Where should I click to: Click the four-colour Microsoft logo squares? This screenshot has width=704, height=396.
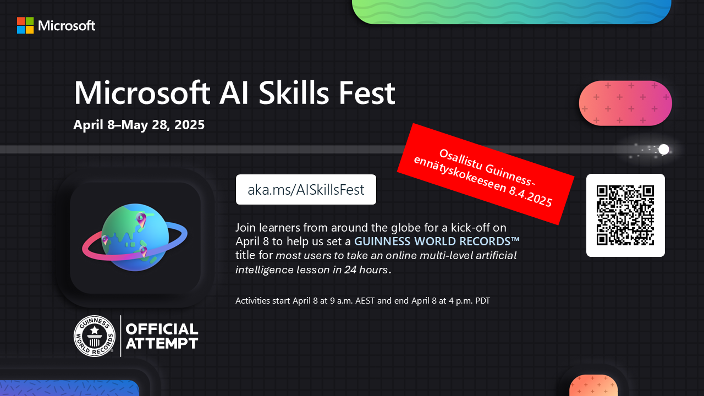tap(25, 25)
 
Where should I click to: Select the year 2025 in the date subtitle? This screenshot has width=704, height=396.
tap(190, 125)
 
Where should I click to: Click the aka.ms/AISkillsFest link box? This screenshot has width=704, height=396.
tap(306, 190)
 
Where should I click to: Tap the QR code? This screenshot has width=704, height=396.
tap(625, 215)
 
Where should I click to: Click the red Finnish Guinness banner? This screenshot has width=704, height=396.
tap(486, 174)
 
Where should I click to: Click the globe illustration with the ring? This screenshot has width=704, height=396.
tap(135, 238)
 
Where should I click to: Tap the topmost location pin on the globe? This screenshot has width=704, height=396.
tap(141, 219)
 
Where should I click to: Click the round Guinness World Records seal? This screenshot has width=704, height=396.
tap(94, 336)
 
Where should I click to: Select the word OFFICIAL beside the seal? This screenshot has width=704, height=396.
tap(162, 329)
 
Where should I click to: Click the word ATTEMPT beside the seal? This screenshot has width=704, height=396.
tap(162, 343)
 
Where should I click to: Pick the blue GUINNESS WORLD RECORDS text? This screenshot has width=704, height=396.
tap(437, 241)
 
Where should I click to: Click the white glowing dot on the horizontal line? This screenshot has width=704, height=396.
tap(664, 149)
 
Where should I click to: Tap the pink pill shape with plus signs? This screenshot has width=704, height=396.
tap(625, 103)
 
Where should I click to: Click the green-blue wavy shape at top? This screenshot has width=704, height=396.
tap(512, 12)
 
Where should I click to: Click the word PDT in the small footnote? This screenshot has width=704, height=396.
tap(482, 301)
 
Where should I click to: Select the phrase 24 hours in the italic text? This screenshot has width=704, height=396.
tap(366, 269)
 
